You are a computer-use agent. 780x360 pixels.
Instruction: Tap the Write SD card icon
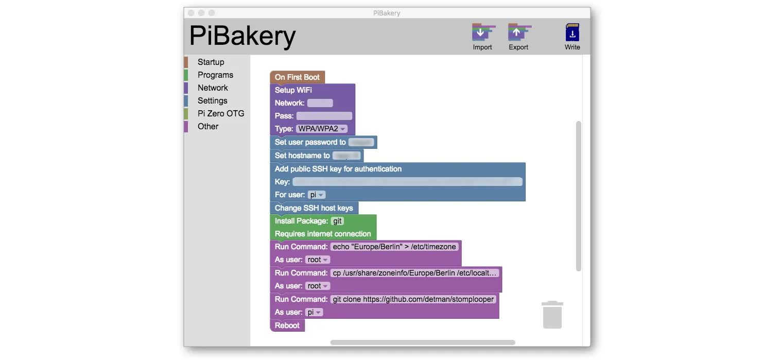pos(572,33)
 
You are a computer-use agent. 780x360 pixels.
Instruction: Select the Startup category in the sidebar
pos(211,62)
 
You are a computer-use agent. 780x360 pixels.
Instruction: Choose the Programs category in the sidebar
pos(215,75)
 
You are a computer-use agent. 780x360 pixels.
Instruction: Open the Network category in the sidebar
pos(213,88)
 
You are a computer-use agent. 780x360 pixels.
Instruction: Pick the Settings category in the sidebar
pos(212,100)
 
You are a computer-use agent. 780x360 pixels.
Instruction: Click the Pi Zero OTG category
pos(221,113)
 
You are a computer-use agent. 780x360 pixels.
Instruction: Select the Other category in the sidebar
pos(208,126)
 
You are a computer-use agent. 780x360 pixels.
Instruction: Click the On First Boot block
pos(297,77)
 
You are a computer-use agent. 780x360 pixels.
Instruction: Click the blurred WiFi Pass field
pos(324,116)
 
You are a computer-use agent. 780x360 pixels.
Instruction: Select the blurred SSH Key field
pos(407,182)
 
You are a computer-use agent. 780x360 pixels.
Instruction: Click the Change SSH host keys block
pos(314,208)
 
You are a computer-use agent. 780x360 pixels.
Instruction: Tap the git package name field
pos(337,221)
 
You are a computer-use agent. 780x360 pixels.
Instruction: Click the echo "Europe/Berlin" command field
pos(394,247)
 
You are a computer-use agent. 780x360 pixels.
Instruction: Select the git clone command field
pos(413,299)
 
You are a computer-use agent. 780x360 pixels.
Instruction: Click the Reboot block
pos(287,325)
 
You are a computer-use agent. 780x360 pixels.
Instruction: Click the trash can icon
pos(552,315)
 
